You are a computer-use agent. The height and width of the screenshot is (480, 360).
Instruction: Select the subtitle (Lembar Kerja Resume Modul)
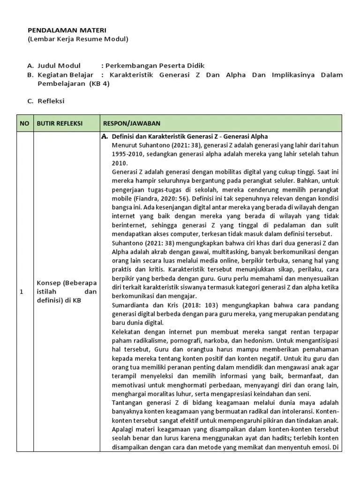[78, 39]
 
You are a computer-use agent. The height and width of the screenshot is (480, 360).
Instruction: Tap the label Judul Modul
[59, 66]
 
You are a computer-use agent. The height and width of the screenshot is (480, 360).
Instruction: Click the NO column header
[24, 123]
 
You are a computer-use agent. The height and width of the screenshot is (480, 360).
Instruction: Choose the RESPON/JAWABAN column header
[131, 123]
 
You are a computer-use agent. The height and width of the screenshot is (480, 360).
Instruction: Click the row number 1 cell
[21, 292]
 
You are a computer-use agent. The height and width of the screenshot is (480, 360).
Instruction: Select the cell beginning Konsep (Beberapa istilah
[67, 292]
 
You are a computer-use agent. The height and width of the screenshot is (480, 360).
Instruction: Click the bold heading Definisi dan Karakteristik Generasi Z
[190, 136]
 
